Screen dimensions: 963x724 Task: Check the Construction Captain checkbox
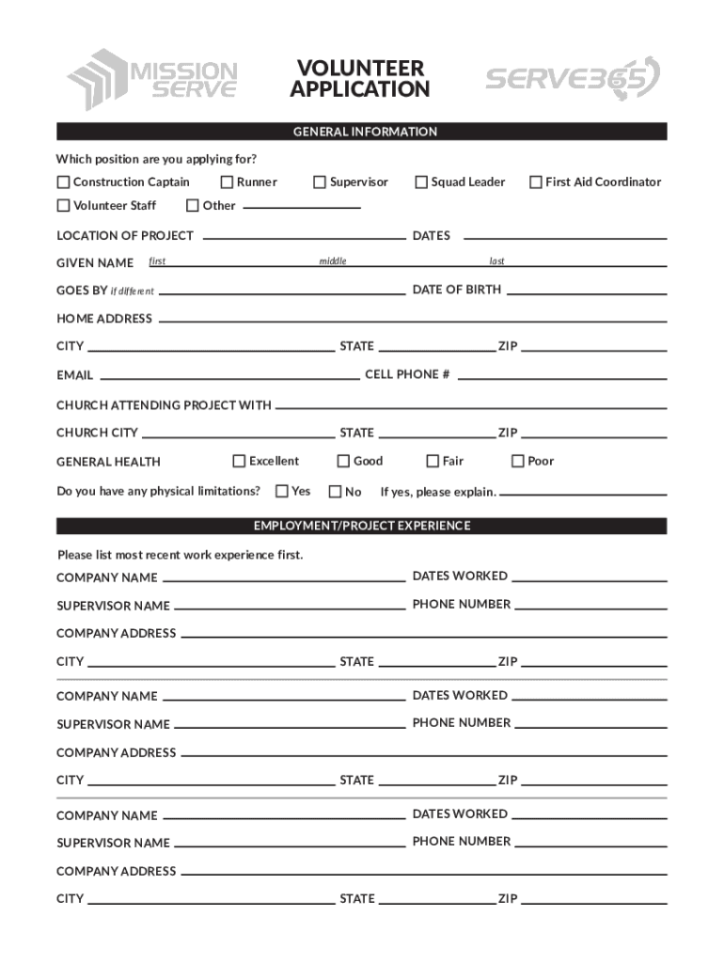click(x=64, y=182)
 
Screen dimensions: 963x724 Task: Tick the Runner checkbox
click(x=227, y=182)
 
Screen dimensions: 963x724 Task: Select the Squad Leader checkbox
click(x=422, y=182)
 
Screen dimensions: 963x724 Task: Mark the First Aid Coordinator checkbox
click(x=536, y=182)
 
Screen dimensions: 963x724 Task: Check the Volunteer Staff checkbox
click(x=64, y=206)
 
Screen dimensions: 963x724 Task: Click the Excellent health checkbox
click(x=240, y=461)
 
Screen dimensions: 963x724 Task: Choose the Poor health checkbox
click(x=517, y=461)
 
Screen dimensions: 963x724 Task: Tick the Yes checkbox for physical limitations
click(x=282, y=491)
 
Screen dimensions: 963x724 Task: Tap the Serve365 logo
click(x=572, y=79)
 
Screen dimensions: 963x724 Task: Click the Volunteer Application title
click(x=360, y=79)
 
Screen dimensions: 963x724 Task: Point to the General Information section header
click(x=362, y=132)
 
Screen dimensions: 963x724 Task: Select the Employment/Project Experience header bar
click(x=362, y=526)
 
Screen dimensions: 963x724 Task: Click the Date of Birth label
click(x=457, y=290)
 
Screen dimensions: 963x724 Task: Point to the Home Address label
click(x=104, y=319)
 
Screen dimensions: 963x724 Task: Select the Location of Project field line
click(x=304, y=239)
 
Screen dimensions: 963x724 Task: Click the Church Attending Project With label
click(x=164, y=405)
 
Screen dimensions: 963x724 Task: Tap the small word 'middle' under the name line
click(x=333, y=261)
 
